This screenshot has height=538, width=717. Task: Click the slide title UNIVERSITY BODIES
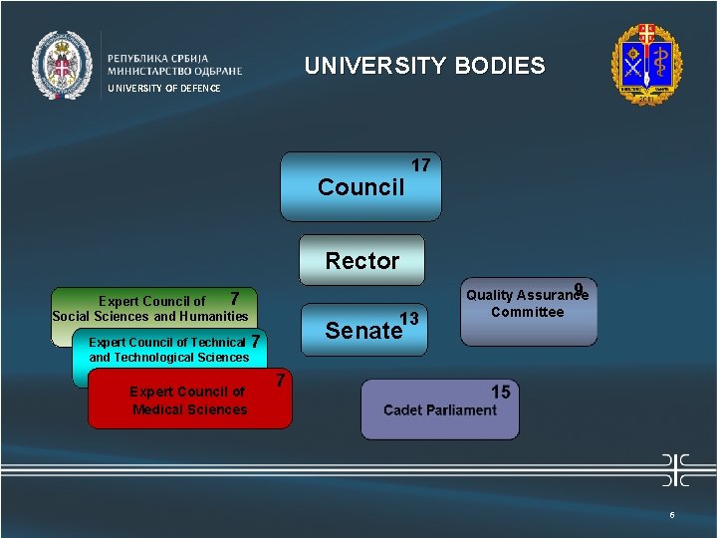[424, 66]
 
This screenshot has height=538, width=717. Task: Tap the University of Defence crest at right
[647, 62]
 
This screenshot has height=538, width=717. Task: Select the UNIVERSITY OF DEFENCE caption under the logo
[163, 89]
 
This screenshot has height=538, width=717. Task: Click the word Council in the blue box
[360, 187]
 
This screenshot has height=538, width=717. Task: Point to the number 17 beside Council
[420, 164]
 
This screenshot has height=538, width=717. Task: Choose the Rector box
[362, 261]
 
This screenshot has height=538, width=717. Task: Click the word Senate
[362, 331]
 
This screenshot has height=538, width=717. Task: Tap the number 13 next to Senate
[408, 319]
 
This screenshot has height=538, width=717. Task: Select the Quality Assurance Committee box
[528, 311]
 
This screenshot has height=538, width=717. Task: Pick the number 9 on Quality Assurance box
[579, 290]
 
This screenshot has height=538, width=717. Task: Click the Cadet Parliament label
[440, 410]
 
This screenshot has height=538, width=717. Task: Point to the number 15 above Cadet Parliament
[500, 392]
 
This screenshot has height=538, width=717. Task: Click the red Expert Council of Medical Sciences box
[189, 401]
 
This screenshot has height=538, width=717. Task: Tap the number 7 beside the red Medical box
[281, 380]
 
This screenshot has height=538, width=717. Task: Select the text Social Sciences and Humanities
[150, 317]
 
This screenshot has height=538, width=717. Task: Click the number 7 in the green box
[234, 299]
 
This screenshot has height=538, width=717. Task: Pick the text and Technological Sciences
[169, 358]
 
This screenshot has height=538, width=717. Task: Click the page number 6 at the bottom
[672, 515]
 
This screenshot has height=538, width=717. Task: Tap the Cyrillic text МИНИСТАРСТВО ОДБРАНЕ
[174, 71]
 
